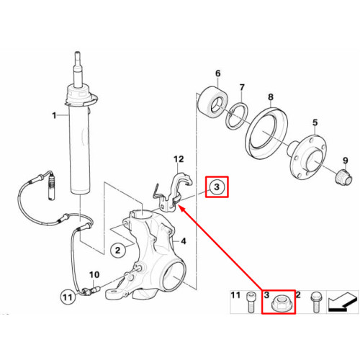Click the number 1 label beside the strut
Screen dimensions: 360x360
tap(55, 116)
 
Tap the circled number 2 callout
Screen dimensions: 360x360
tap(117, 251)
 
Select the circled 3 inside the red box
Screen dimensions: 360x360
tap(217, 186)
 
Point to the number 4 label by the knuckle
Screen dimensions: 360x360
tap(184, 241)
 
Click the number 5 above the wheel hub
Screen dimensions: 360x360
tap(315, 122)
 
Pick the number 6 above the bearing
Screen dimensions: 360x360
tap(217, 73)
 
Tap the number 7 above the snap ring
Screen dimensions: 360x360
tap(242, 87)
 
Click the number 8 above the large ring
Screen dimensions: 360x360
tap(271, 97)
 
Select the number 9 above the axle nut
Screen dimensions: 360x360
tap(346, 160)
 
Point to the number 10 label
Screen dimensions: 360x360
tap(94, 275)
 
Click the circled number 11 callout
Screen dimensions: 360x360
tap(68, 297)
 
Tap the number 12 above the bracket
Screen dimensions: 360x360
tap(179, 159)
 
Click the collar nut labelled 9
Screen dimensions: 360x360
tap(343, 177)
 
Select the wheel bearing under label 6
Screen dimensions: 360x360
tap(212, 102)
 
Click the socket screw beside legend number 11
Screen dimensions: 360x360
tap(251, 302)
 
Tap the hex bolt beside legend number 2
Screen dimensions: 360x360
tap(315, 302)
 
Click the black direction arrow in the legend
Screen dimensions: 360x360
tap(342, 304)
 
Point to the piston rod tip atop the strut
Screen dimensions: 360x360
tap(77, 53)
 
